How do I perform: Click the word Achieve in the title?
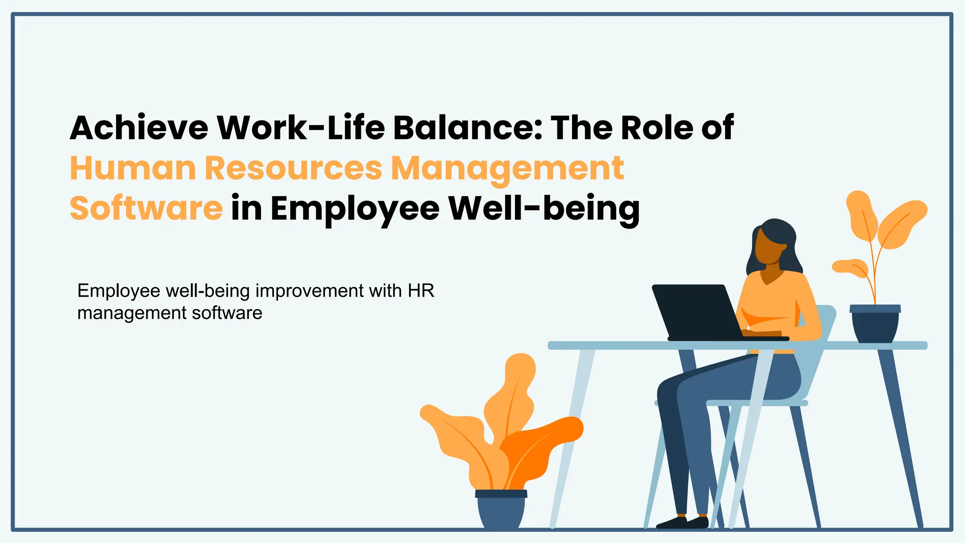point(139,128)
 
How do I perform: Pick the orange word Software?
point(146,208)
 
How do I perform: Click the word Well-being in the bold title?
point(544,208)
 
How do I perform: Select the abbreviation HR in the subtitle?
point(421,291)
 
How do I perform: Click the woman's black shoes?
point(683,522)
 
